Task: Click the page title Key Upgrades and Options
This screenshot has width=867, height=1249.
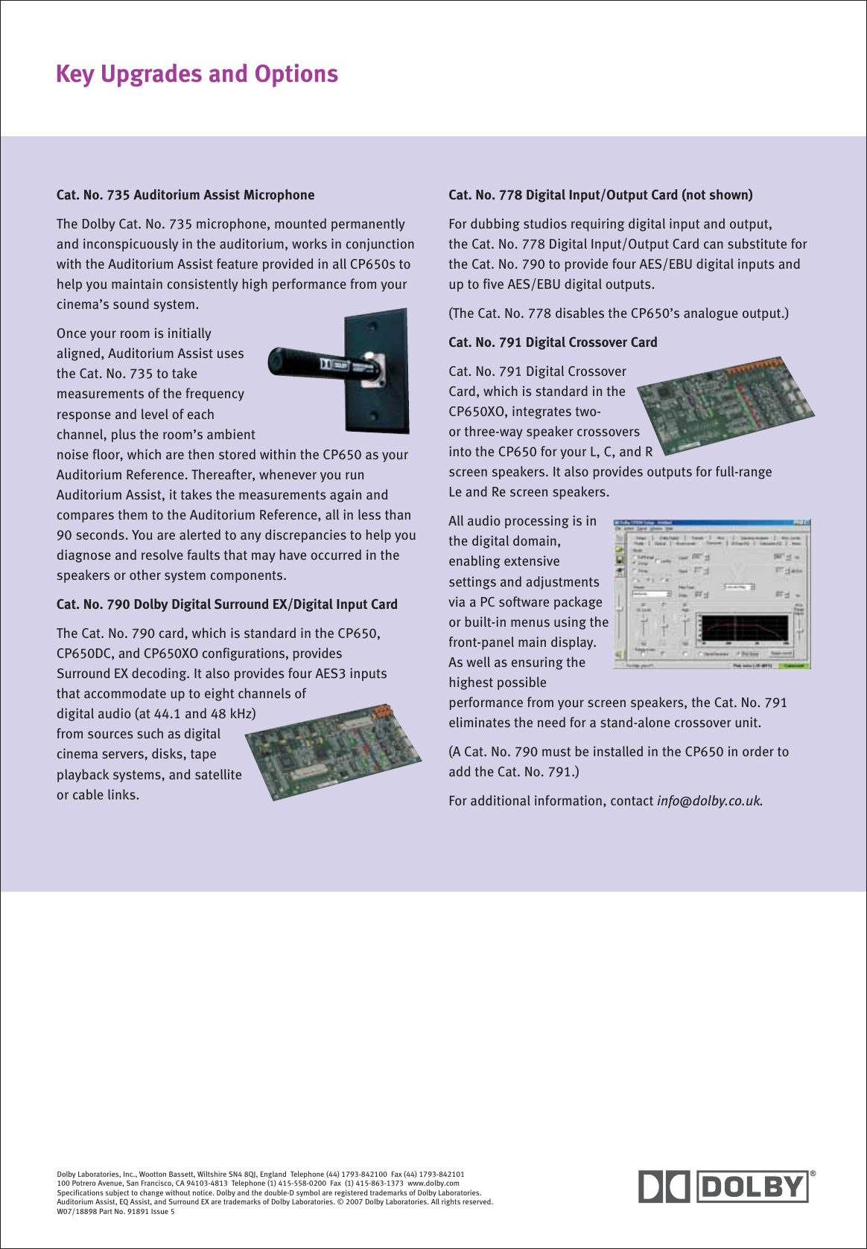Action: [197, 74]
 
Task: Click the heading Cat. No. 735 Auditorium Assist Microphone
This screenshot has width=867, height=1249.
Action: [185, 195]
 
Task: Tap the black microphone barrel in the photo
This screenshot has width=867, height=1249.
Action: [305, 359]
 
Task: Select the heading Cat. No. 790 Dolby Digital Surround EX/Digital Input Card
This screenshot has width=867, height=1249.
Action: [226, 604]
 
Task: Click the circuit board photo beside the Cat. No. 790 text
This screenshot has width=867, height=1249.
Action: [333, 752]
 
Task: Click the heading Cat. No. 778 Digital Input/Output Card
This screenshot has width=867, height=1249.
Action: [600, 195]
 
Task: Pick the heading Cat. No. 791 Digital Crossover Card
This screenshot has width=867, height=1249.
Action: [553, 342]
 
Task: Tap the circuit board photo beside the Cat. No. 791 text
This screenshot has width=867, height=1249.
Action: [726, 406]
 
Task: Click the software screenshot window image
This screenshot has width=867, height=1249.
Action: [711, 593]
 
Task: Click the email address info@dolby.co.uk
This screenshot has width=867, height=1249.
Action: [708, 801]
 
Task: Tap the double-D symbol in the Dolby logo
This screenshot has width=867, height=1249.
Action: [664, 1186]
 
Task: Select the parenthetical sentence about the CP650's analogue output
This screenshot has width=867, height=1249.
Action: [618, 313]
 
